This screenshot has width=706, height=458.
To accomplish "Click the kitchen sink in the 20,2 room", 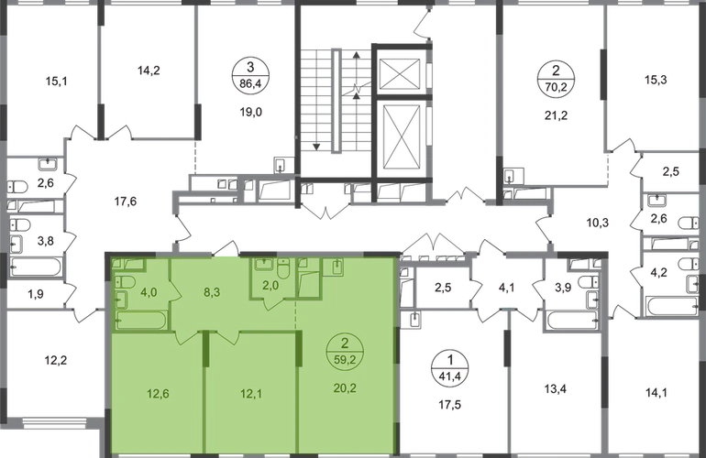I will pyautogui.click(x=336, y=267).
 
